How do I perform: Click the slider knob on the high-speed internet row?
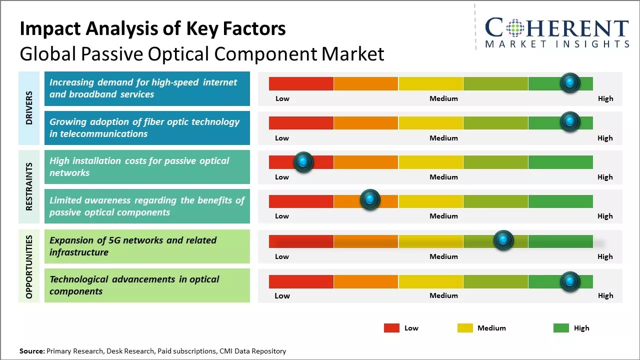[x=569, y=82]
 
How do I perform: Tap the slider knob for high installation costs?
[x=303, y=162]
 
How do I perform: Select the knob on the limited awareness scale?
[x=370, y=200]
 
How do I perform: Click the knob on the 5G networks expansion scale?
[x=503, y=240]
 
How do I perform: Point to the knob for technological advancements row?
[x=569, y=281]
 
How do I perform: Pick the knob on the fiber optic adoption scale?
[x=569, y=122]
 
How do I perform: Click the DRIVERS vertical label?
[x=29, y=107]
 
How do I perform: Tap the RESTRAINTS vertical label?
[x=29, y=186]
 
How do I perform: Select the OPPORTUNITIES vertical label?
[x=29, y=266]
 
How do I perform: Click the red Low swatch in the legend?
[x=391, y=328]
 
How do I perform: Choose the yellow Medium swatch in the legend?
[x=465, y=328]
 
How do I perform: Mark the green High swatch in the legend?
[x=561, y=328]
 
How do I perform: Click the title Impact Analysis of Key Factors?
[x=152, y=29]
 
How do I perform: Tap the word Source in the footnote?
[x=31, y=351]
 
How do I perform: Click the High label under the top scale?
[x=605, y=98]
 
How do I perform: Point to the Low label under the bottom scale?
[x=282, y=295]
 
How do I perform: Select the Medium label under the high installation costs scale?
[x=443, y=177]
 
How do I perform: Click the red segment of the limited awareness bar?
[x=301, y=201]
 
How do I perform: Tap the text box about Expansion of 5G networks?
[x=147, y=246]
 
